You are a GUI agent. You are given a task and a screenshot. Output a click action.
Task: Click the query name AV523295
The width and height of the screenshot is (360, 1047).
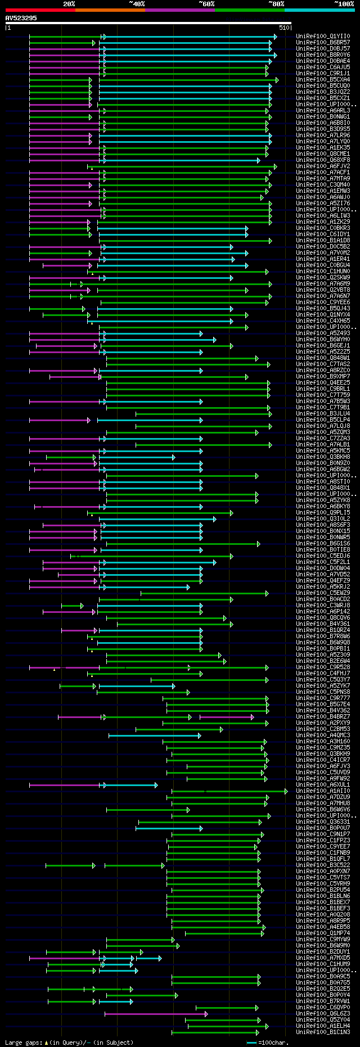[21, 18]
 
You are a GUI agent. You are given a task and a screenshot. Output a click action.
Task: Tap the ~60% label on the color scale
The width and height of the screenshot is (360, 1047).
[206, 4]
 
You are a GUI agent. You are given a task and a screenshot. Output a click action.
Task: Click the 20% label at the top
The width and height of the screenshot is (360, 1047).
[69, 4]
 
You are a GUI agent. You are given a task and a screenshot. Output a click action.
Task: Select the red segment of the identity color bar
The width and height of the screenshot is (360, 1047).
[40, 10]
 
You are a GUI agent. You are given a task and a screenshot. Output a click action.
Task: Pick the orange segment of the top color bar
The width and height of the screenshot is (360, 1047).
[110, 10]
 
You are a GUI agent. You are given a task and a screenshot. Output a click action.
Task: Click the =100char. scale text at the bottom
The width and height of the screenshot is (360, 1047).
[274, 1043]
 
